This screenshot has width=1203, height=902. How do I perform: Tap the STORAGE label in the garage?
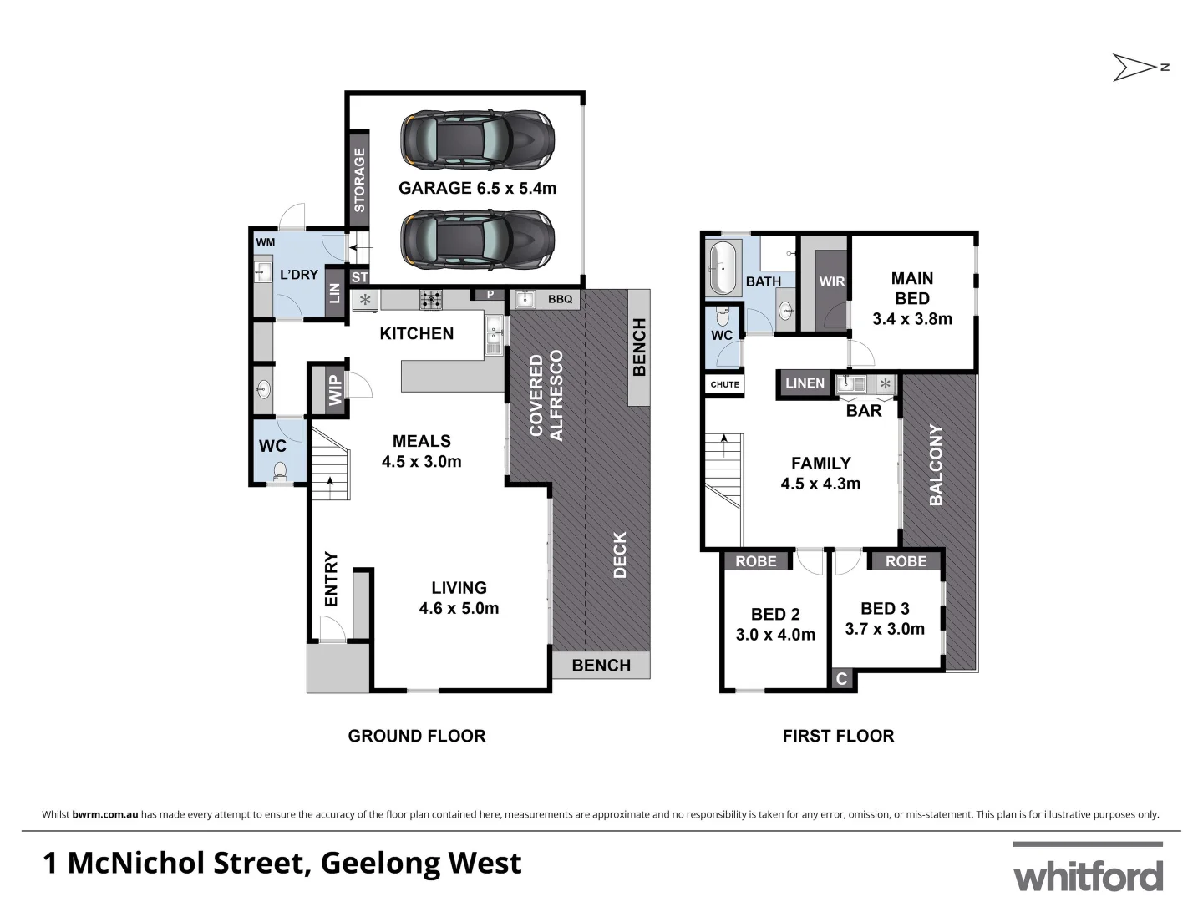coord(359,180)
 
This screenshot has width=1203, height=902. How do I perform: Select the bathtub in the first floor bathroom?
coord(723,268)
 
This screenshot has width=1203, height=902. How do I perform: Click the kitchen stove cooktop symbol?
coord(431,299)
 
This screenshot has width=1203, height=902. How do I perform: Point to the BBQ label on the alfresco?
coord(560,299)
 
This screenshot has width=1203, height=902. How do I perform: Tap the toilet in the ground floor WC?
coord(280,472)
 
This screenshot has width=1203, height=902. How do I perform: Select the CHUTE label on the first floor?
coord(724,384)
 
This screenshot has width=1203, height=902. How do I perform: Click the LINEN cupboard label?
coord(805,383)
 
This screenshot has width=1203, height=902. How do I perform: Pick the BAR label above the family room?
coord(864,411)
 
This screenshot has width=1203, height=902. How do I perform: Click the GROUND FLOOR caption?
coord(416,736)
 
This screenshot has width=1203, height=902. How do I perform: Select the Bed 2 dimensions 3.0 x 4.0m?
coord(775,635)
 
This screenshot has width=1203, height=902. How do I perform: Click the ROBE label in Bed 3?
coord(906,561)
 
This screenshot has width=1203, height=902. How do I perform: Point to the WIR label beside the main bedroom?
coord(831,281)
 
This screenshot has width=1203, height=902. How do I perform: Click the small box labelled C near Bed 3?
coord(842,679)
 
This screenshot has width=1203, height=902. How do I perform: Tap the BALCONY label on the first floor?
coord(936,465)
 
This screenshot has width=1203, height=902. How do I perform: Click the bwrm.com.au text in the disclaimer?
coord(105,814)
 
